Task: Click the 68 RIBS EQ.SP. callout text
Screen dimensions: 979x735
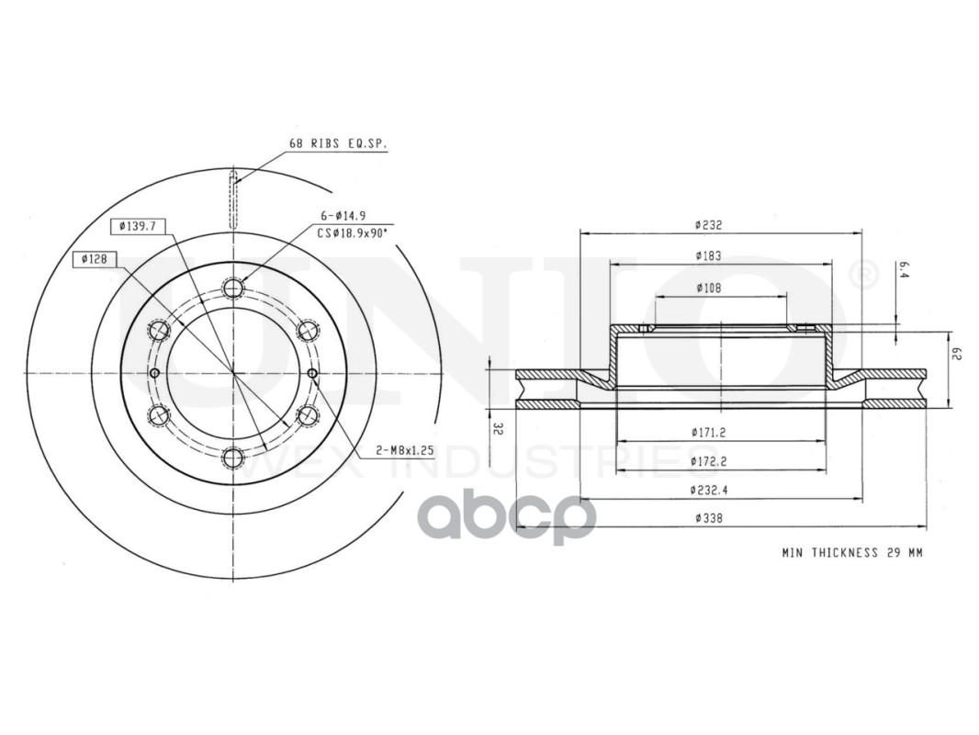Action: click(x=338, y=143)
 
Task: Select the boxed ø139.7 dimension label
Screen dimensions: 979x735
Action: click(x=138, y=226)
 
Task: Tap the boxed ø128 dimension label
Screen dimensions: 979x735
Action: click(x=95, y=258)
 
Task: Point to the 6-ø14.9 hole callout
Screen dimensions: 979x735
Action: click(x=343, y=216)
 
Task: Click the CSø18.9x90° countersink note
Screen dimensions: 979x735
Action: click(x=352, y=233)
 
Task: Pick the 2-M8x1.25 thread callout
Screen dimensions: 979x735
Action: click(x=404, y=449)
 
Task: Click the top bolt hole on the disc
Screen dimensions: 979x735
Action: click(x=233, y=288)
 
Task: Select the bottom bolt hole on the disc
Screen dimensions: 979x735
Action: click(x=233, y=458)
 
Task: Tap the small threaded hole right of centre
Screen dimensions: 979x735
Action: click(x=313, y=373)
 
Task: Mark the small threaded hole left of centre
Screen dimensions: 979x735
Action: click(x=155, y=373)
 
